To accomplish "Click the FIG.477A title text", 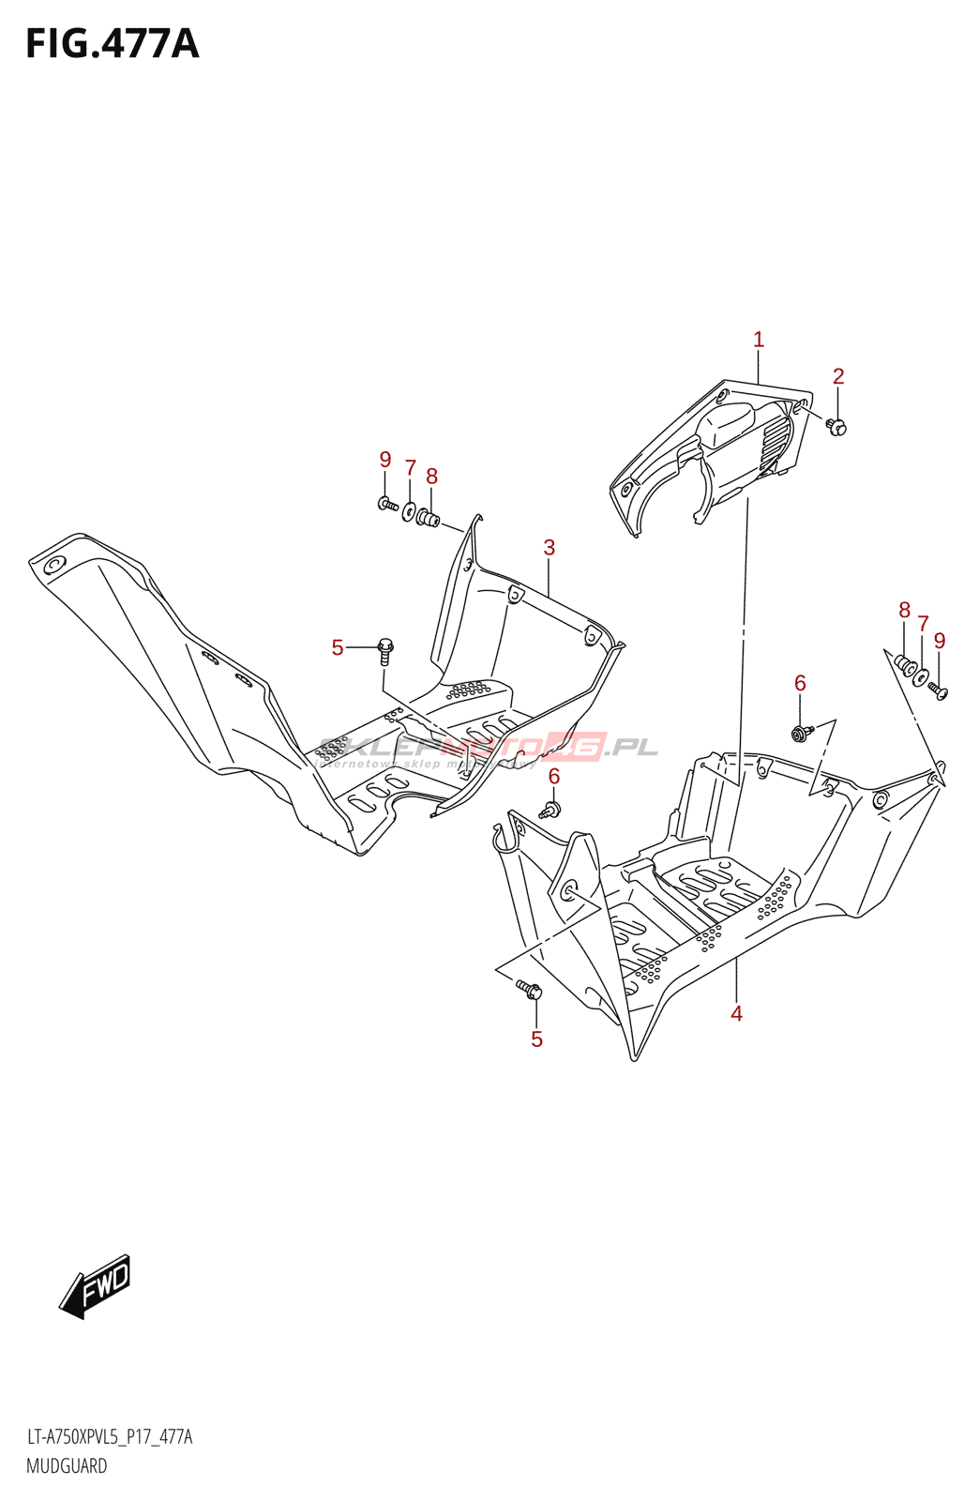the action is point(113,44).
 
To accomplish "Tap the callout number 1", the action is point(759,340).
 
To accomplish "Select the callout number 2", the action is point(838,376).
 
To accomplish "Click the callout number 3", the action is point(550,548).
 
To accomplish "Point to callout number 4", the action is point(737,1013).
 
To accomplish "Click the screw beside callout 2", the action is point(836,427).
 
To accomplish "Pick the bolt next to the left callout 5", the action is point(384,648).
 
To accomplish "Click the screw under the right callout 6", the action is point(800,733).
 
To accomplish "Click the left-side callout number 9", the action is point(385,460).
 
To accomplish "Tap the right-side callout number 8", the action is point(905,611).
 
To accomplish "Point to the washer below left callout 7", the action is point(409,511).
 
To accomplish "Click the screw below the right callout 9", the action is point(938,690).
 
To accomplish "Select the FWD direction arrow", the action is point(96,1286).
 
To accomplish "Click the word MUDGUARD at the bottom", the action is point(67,1466).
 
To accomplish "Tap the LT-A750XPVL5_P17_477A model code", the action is point(110,1437).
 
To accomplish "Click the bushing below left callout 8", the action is point(429,517).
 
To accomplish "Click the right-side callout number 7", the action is point(924,624).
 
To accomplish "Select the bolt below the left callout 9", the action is point(387,505).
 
